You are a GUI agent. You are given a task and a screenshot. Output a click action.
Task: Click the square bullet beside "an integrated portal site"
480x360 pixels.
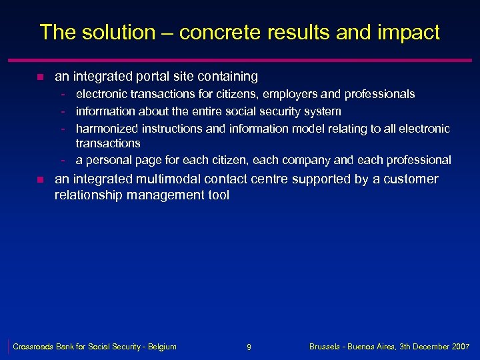coord(41,77)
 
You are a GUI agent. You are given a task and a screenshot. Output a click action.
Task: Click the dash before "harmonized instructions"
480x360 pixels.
coord(62,127)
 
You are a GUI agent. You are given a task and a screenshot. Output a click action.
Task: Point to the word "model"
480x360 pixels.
coord(313,127)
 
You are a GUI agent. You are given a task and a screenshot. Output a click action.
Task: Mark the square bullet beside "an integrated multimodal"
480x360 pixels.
coord(41,179)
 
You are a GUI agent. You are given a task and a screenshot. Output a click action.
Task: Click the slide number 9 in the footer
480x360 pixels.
coord(249,347)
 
